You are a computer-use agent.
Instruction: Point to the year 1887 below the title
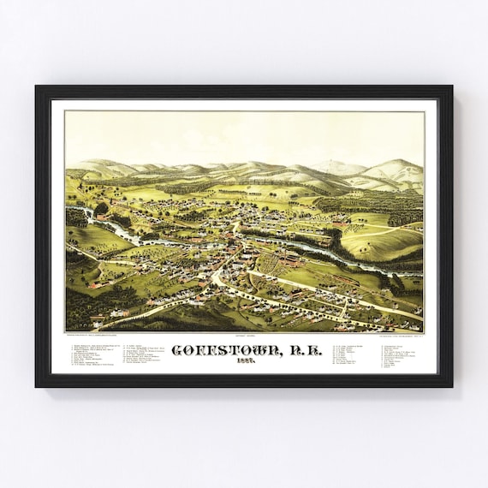pos(244,363)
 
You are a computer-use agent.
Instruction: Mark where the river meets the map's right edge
pos(420,273)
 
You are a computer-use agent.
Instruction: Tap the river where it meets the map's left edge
pos(68,209)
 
